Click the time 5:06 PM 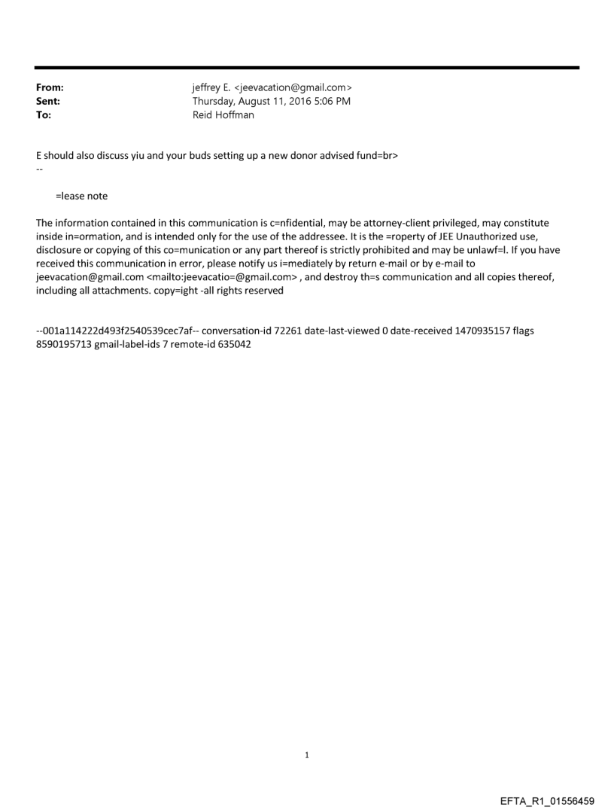click(x=332, y=102)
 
